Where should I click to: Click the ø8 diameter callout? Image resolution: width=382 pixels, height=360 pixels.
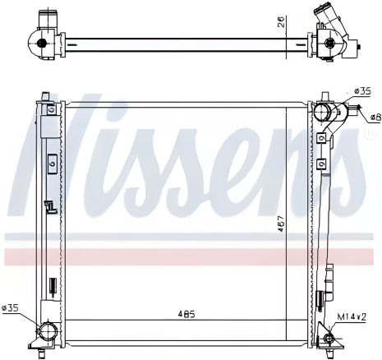pos(374,117)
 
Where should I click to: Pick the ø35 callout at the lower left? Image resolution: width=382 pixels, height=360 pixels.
pos(12,308)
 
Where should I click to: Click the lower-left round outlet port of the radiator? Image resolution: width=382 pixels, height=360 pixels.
pos(47,331)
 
